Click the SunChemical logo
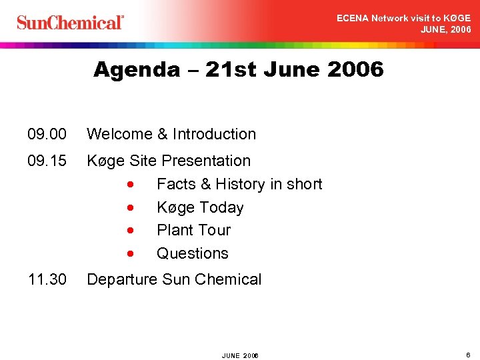tap(70, 23)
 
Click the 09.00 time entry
tap(47, 134)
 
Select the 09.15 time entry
tap(47, 161)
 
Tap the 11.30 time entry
tap(47, 279)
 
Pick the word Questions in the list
tap(192, 253)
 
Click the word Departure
tap(122, 279)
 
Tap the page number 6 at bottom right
tap(468, 355)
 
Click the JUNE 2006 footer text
tap(240, 355)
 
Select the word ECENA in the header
tap(351, 19)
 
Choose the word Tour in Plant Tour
tap(214, 230)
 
